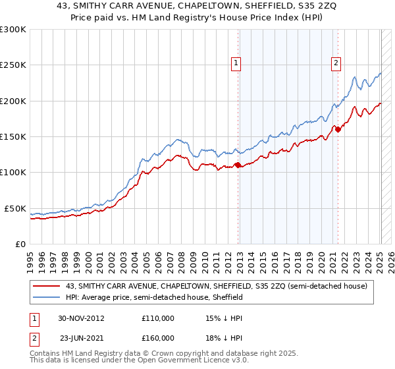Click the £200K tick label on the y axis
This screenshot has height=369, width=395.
click(x=13, y=101)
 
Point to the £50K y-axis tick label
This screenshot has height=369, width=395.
click(x=14, y=209)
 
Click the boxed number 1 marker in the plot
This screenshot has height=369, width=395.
click(x=236, y=63)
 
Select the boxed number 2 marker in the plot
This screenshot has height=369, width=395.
click(x=336, y=63)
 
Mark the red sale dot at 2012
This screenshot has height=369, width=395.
click(x=238, y=165)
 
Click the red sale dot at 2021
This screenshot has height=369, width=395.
click(x=338, y=130)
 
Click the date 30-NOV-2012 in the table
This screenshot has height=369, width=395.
click(x=82, y=318)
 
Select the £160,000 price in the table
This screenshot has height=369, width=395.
click(x=158, y=338)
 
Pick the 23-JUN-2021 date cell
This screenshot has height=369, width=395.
click(x=82, y=338)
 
